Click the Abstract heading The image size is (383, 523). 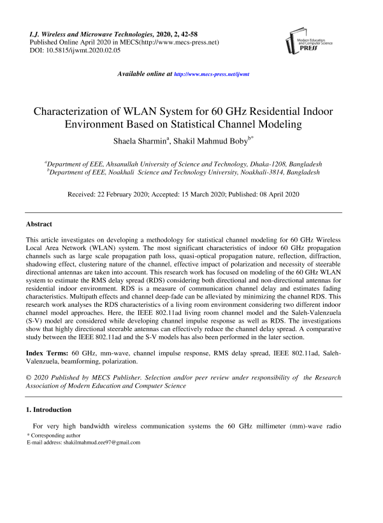[x=39, y=225]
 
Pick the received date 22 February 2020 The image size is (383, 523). [x=130, y=194]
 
